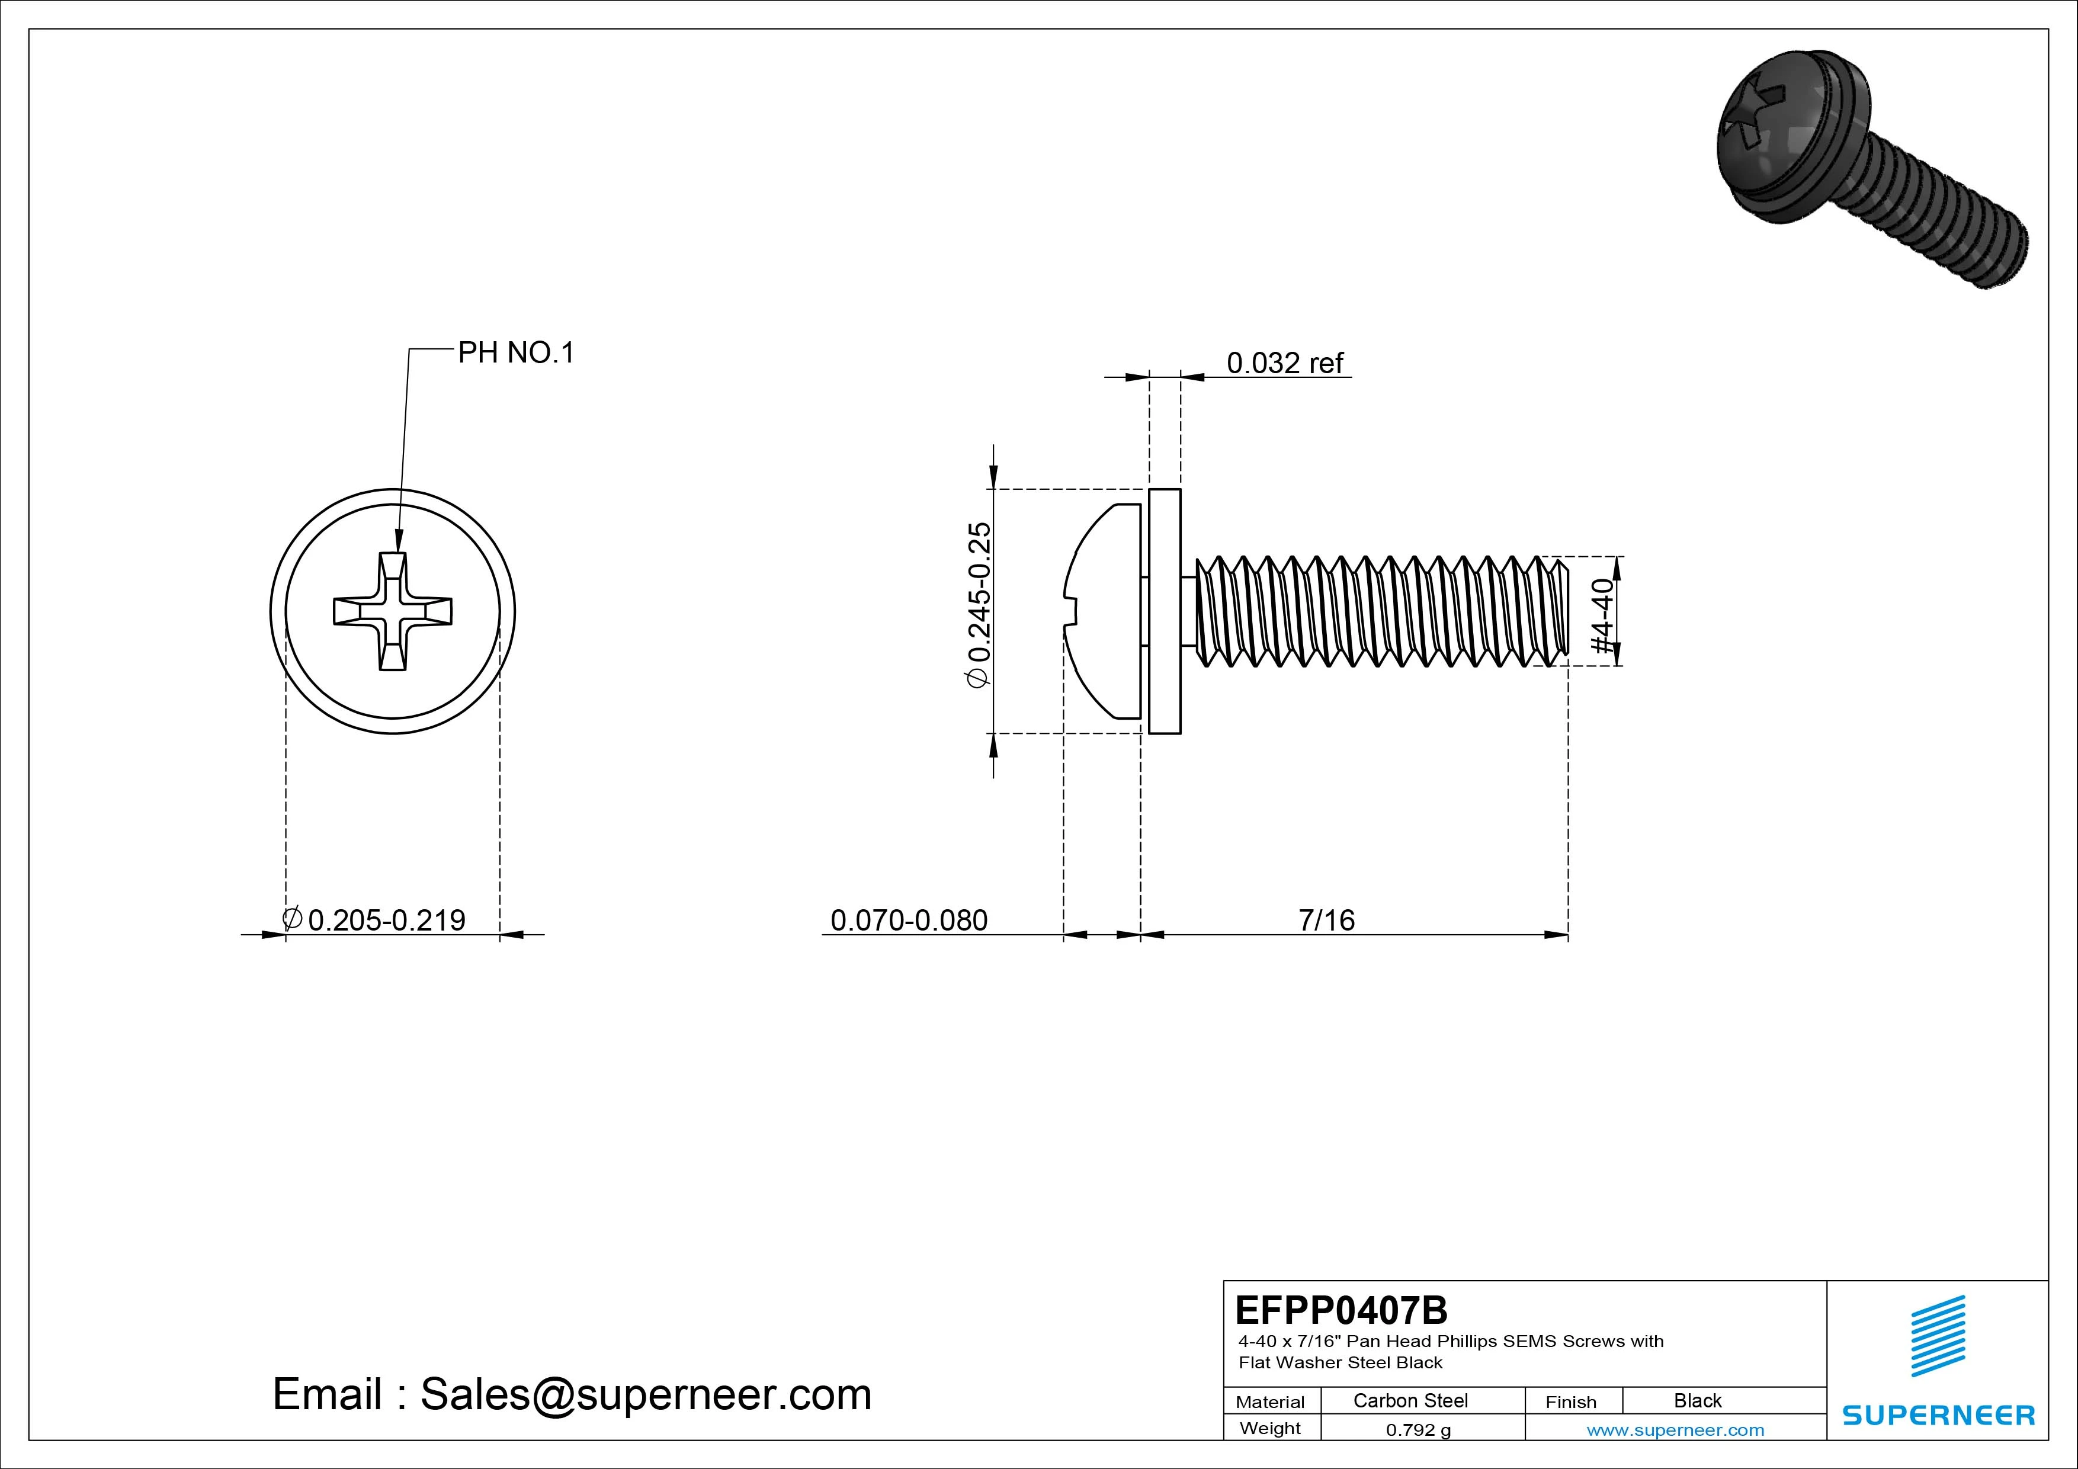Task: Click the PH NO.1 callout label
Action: pos(516,353)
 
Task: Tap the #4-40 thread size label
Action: pos(1602,615)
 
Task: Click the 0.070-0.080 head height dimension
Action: pos(909,920)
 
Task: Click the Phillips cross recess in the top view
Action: pos(393,612)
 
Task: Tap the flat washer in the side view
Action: pos(1165,611)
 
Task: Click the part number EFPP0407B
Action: pos(1341,1310)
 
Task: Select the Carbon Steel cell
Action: pos(1410,1400)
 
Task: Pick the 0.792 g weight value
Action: pos(1418,1430)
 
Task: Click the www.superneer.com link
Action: pos(1675,1430)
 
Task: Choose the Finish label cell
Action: pos(1570,1401)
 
